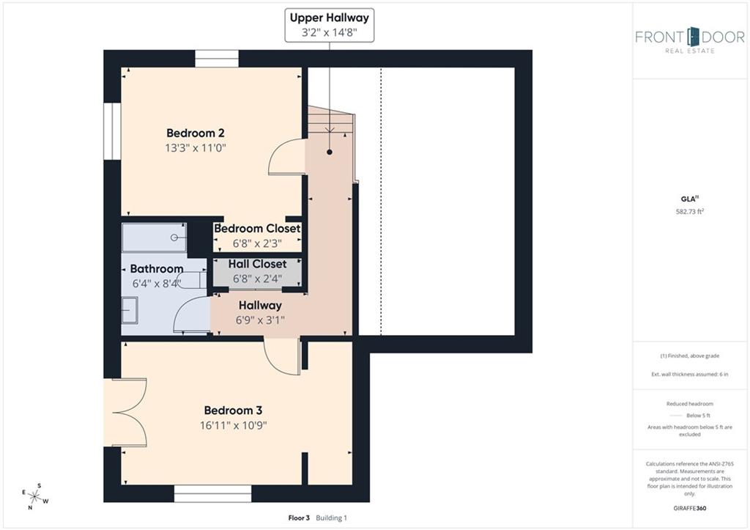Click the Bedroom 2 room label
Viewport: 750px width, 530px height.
(195, 133)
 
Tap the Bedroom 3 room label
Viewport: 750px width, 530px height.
(233, 411)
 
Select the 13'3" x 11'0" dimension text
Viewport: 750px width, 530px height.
(195, 148)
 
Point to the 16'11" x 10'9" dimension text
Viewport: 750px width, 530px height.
(233, 425)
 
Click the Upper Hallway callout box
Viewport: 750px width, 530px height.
(330, 25)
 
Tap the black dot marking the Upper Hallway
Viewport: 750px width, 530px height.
(330, 152)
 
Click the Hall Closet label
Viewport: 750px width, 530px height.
(257, 264)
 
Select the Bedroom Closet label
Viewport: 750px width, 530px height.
(257, 229)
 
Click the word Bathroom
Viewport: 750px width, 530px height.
(157, 268)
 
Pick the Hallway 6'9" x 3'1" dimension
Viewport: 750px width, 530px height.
(260, 320)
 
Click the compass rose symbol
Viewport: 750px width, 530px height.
(35, 496)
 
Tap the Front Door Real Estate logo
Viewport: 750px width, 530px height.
(690, 40)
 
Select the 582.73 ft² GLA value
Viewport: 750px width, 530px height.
(690, 211)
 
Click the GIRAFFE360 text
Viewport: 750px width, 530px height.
(690, 508)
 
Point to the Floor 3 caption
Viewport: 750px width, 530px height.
(299, 518)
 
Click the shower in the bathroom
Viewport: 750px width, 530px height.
(154, 238)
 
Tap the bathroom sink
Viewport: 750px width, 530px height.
(130, 310)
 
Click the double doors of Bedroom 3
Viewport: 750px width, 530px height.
(125, 413)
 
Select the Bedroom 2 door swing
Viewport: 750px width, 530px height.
(287, 157)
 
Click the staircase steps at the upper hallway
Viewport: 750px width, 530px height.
(330, 122)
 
